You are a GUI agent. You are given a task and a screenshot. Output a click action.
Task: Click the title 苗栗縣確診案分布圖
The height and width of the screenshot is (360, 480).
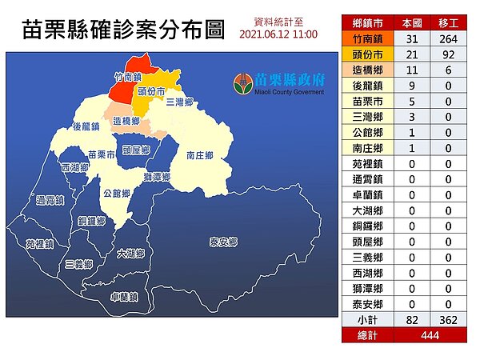pyautogui.click(x=122, y=31)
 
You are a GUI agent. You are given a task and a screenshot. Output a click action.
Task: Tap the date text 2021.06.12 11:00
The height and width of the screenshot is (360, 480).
pyautogui.click(x=278, y=35)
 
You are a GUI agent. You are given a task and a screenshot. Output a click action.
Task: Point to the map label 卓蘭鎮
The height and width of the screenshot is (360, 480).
pyautogui.click(x=124, y=296)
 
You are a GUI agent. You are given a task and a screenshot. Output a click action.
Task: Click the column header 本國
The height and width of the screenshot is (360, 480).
pyautogui.click(x=412, y=22)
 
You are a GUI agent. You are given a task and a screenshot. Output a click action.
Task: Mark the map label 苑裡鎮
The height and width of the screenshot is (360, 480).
pyautogui.click(x=38, y=243)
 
